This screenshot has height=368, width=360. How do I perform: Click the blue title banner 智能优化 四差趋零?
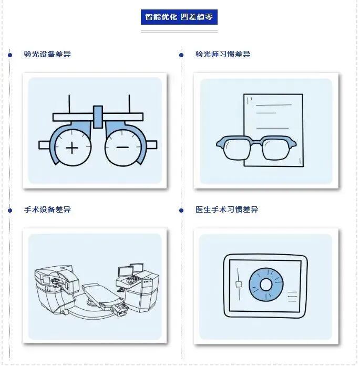(x=179, y=17)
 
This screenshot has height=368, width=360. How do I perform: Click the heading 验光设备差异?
(x=47, y=54)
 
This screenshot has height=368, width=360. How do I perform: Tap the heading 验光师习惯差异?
(x=223, y=54)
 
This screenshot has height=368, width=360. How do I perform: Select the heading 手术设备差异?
(x=47, y=209)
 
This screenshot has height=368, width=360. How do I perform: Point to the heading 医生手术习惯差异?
(x=227, y=209)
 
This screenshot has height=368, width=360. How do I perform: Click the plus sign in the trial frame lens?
(x=72, y=148)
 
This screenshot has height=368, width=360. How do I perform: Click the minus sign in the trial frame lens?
(x=122, y=148)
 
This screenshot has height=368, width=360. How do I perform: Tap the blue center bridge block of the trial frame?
(x=98, y=117)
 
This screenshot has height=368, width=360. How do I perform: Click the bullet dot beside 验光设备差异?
(x=10, y=55)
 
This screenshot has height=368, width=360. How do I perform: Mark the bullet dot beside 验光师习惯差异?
(x=181, y=55)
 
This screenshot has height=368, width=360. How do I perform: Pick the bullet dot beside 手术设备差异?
(x=10, y=211)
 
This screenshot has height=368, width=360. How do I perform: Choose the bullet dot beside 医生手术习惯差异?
(x=181, y=211)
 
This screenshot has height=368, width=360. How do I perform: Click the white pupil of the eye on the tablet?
(x=266, y=285)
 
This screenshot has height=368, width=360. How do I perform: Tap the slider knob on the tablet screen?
(x=239, y=285)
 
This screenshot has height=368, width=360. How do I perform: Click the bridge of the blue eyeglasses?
(x=256, y=142)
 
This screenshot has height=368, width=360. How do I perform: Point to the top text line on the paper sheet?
(x=274, y=105)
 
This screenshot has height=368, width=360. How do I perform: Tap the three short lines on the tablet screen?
(x=292, y=297)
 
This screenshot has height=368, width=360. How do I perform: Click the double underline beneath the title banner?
(x=179, y=31)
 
